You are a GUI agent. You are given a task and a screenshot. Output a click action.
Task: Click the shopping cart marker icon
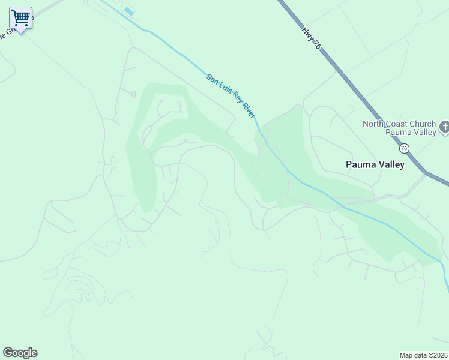[x=20, y=18]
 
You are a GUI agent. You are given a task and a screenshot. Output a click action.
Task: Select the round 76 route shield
[x=404, y=148]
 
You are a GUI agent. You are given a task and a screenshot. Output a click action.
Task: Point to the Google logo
[x=20, y=353]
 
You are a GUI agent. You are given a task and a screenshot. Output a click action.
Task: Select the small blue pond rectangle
[x=128, y=11]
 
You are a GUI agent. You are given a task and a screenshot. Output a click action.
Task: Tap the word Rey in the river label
[x=235, y=98]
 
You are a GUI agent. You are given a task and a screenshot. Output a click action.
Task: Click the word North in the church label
[x=373, y=124]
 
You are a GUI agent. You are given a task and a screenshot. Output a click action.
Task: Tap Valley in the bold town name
[x=390, y=164]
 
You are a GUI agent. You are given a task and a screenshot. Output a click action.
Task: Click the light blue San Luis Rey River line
[x=312, y=191]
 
